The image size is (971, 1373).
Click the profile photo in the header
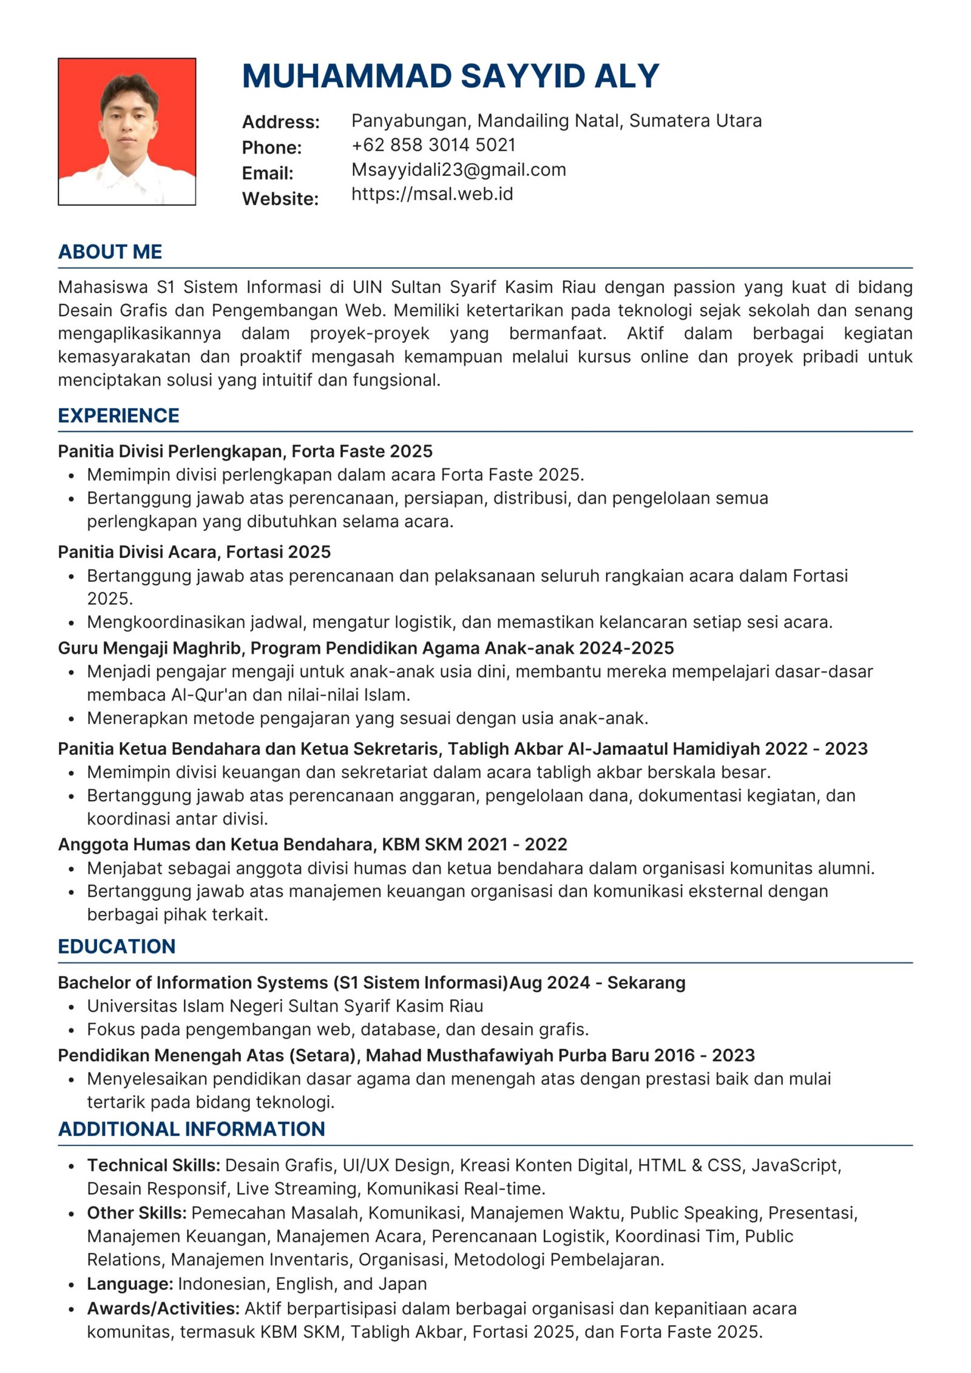point(127,132)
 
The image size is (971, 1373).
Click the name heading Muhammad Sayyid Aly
point(450,76)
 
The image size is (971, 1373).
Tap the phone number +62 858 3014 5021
point(433,145)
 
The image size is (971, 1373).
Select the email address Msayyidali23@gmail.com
point(458,170)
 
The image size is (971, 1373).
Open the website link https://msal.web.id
point(432,194)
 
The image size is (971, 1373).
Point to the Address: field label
point(280,122)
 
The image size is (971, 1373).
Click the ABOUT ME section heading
point(110,252)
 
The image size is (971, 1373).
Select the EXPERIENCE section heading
point(118,416)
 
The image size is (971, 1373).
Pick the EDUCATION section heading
point(117,946)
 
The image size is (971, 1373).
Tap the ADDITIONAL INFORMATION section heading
point(191,1129)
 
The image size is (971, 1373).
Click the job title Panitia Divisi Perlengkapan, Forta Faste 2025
point(245,451)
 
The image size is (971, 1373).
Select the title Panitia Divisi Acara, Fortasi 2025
point(194,552)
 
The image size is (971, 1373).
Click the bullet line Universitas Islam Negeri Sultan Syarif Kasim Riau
point(285,1006)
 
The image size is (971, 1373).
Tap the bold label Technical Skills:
point(153,1166)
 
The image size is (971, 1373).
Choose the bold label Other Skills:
point(137,1213)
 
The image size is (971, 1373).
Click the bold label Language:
point(130,1284)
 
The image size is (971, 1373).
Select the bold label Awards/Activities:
point(163,1308)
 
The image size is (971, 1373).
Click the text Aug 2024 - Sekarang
point(597,983)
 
